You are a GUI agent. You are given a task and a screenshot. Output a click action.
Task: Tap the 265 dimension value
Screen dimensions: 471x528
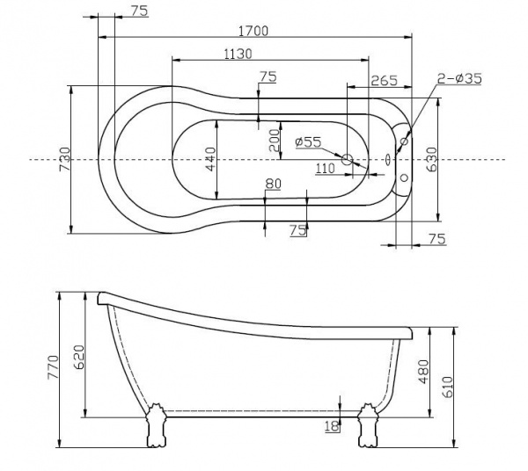click(x=385, y=80)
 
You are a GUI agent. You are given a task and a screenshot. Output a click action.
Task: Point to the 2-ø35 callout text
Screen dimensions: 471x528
click(x=460, y=79)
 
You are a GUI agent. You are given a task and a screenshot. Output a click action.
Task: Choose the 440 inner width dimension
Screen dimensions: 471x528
click(x=210, y=159)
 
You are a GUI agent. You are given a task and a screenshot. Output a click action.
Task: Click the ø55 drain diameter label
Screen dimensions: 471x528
click(x=310, y=141)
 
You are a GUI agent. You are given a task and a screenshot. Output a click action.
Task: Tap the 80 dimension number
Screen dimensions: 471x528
click(x=273, y=183)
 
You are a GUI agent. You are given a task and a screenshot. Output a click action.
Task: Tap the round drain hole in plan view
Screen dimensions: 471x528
click(x=348, y=160)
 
